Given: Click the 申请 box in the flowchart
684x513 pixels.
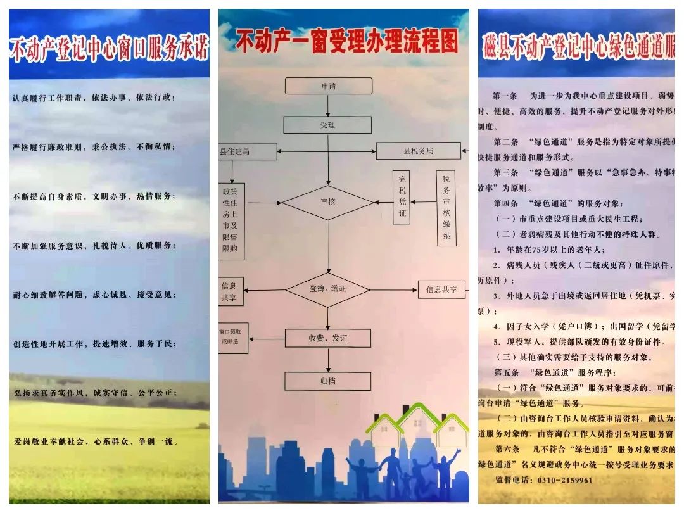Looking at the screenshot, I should click(x=328, y=85).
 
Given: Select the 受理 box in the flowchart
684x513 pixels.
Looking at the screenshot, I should click(x=327, y=125).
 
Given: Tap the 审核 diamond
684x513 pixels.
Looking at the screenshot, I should click(x=328, y=203).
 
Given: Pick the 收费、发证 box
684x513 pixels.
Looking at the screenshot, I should click(x=327, y=338).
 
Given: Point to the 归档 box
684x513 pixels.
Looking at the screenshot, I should click(x=327, y=381).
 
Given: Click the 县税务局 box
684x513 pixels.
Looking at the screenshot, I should click(x=418, y=151).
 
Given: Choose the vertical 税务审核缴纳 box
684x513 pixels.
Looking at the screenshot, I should click(x=446, y=208).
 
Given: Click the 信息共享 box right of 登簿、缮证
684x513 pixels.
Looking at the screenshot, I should click(x=441, y=289).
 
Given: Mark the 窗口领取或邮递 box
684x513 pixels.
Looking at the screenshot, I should click(x=232, y=338).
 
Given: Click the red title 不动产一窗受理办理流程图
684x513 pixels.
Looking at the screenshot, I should click(x=346, y=42).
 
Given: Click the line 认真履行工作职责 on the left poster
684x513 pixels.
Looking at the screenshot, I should click(x=93, y=98).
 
